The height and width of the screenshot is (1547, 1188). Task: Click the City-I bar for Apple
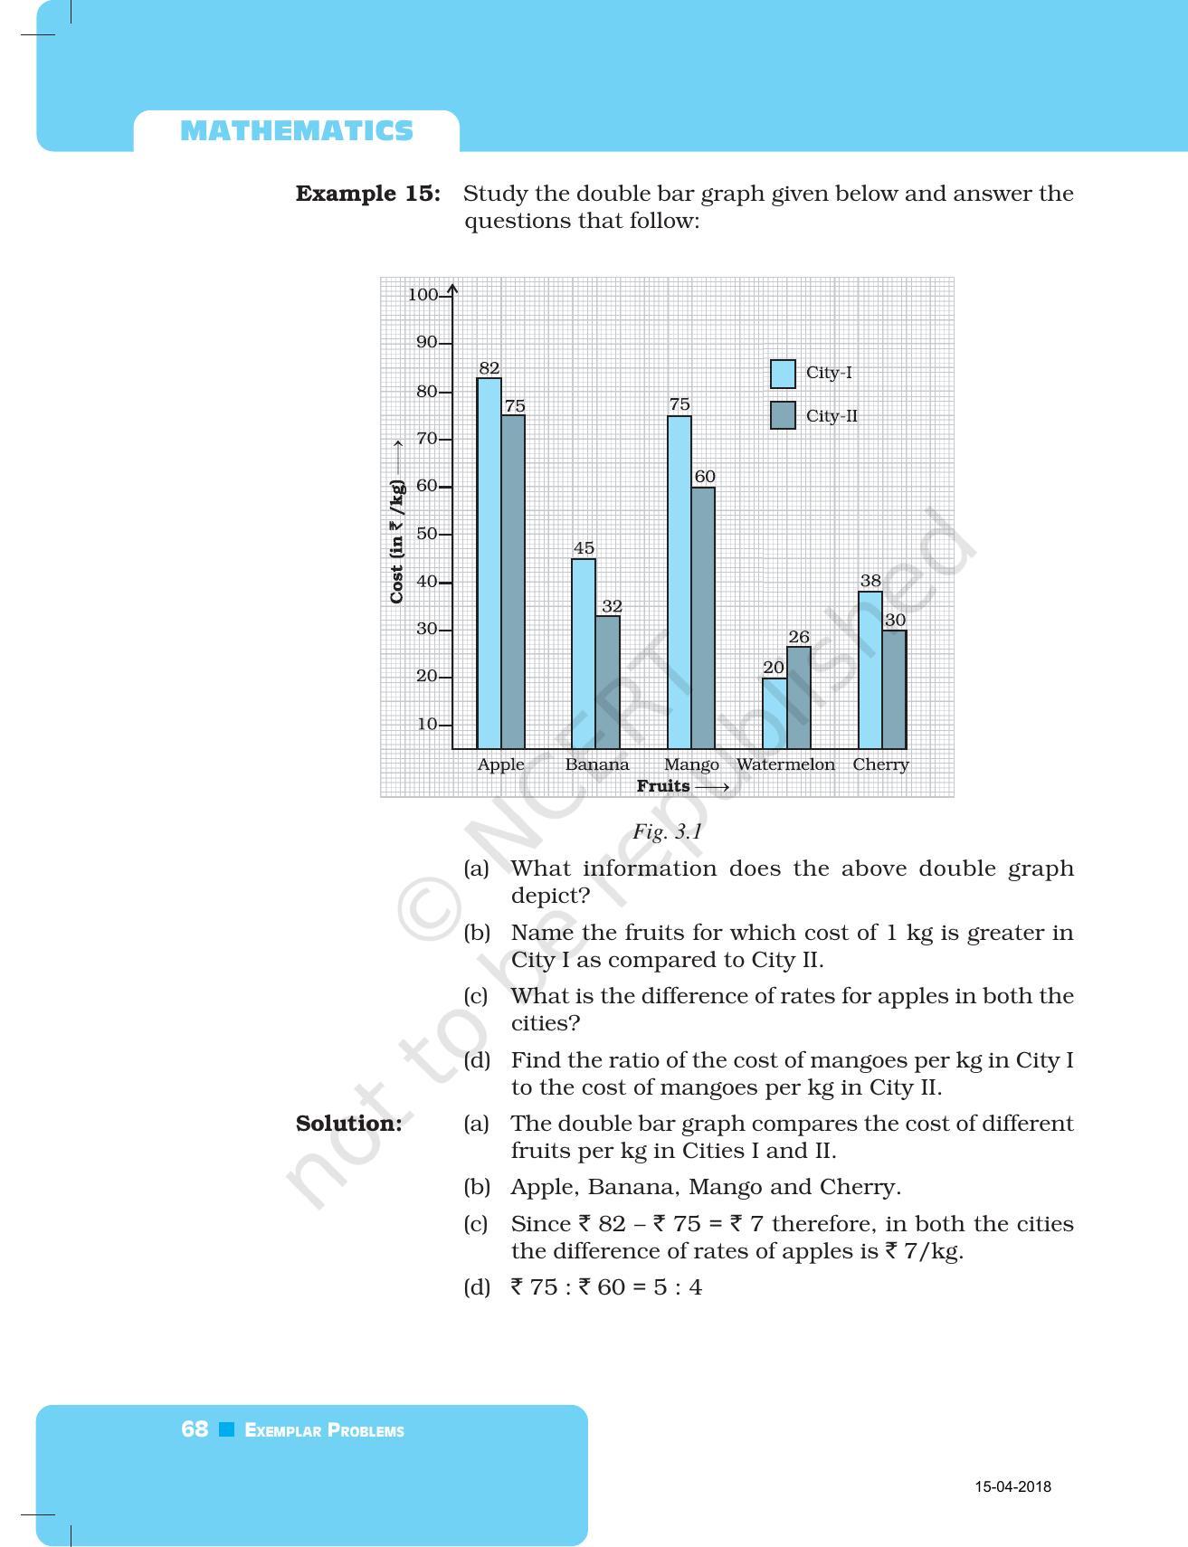pos(489,563)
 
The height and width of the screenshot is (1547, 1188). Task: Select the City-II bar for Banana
pos(608,682)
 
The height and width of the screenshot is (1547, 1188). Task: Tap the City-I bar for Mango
pos(680,582)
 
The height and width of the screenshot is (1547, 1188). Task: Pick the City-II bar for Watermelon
pos(799,698)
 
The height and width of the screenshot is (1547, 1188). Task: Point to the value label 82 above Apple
pos(489,368)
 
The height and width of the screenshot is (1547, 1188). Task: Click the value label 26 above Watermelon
pos(799,637)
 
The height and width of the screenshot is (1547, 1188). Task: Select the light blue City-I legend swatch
pos(783,374)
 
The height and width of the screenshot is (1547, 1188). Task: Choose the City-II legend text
pos(832,416)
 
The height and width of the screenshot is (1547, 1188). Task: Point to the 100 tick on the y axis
pos(423,295)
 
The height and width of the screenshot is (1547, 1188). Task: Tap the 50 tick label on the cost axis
pos(426,534)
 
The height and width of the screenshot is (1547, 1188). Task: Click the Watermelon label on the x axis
pos(785,764)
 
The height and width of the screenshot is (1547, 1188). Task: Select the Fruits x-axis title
pos(663,786)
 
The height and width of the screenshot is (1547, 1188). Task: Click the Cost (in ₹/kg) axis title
pos(396,541)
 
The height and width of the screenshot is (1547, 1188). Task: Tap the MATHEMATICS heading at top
pos(297,131)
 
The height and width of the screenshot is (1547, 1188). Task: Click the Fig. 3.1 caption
pos(667,831)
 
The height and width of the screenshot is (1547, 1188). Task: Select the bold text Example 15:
pos(368,194)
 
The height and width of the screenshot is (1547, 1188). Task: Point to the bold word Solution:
pos(349,1124)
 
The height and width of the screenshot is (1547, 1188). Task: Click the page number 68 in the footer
pos(195,1429)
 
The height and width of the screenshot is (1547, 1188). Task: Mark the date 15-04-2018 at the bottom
pos(1012,1486)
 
